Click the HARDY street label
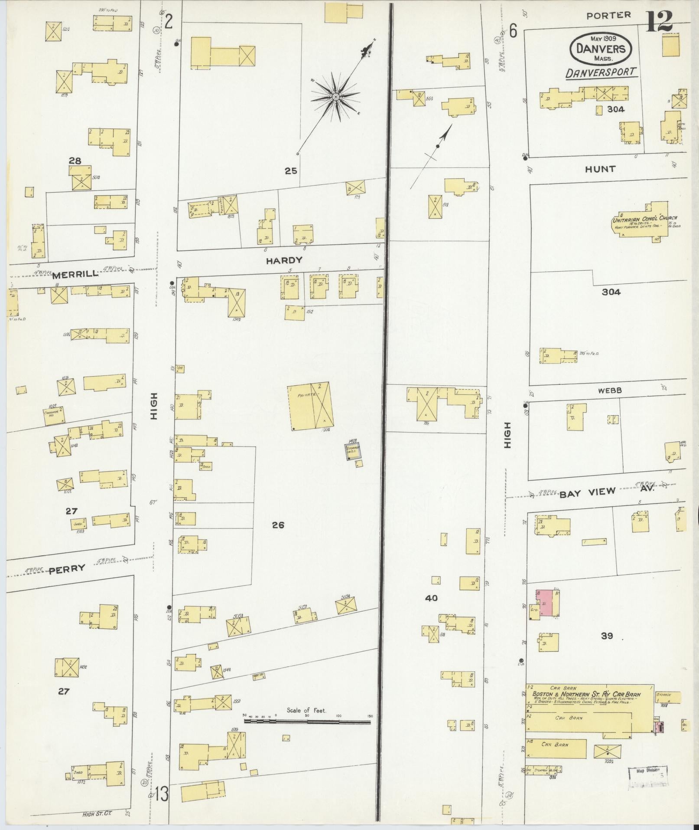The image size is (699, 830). [x=284, y=260]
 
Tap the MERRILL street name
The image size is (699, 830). [x=75, y=274]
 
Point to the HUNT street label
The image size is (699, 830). [x=600, y=169]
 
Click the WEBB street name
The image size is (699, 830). [x=610, y=390]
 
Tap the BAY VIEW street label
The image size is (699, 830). [x=587, y=492]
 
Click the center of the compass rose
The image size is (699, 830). [x=335, y=97]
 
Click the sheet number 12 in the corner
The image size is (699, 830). [x=659, y=20]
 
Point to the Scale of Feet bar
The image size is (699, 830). [x=307, y=722]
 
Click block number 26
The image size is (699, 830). [x=278, y=525]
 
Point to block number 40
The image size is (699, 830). [x=431, y=598]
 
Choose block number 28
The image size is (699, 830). [x=75, y=161]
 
